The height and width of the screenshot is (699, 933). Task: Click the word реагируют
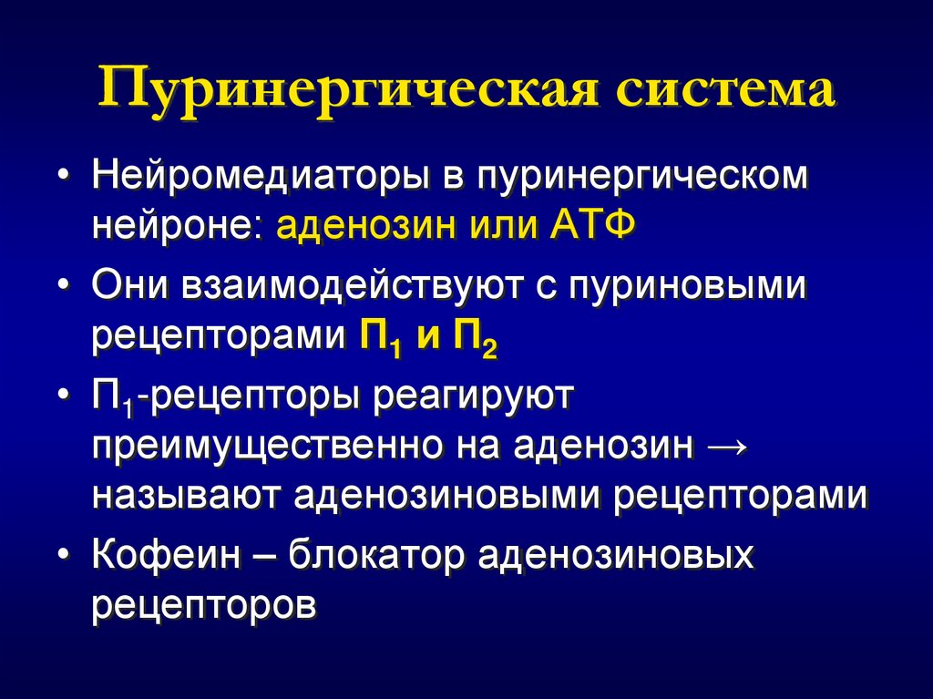click(x=470, y=397)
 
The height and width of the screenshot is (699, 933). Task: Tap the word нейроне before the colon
click(x=173, y=224)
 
